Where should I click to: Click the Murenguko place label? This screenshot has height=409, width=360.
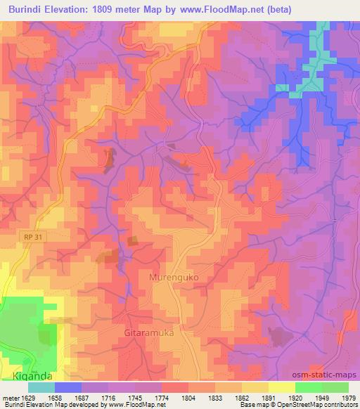coord(174,278)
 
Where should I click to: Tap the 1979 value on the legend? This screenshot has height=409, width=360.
coord(348,396)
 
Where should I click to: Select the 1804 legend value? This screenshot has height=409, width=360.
coord(188,396)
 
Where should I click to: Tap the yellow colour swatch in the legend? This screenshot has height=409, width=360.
coord(281,387)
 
